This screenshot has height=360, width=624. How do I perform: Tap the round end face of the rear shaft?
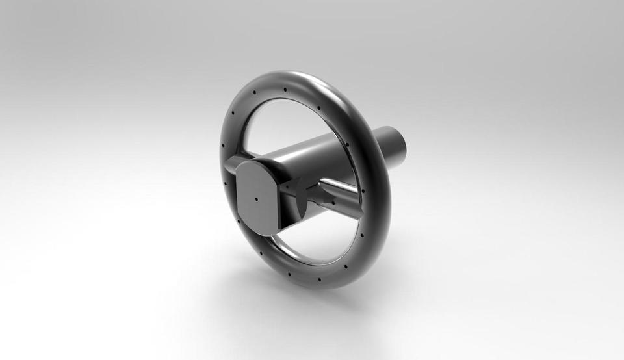pos(398,144)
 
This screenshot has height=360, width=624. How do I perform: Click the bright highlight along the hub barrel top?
pos(305,146)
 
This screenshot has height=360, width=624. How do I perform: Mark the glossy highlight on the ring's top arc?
pos(305,81)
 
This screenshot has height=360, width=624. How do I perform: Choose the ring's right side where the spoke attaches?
pos(370,195)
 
